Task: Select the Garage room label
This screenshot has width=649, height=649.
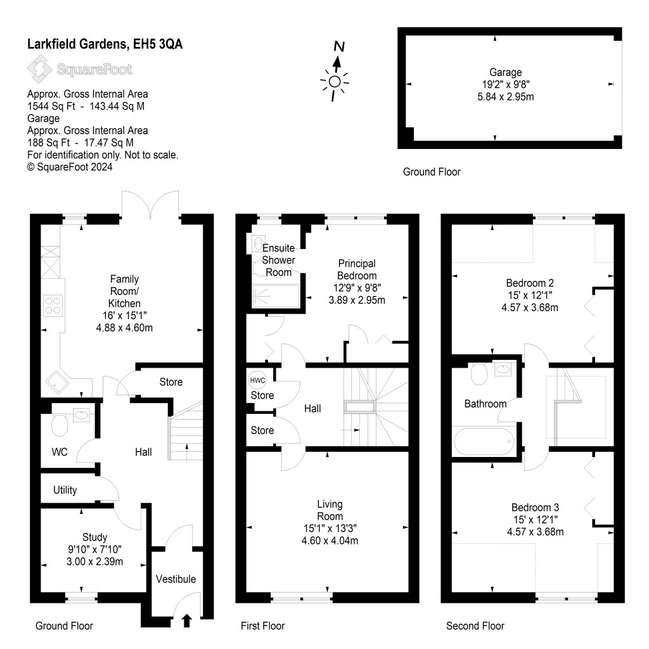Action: pos(505,72)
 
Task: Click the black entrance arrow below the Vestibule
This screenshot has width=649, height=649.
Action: pos(187,620)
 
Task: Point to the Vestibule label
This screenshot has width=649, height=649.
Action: pos(176,579)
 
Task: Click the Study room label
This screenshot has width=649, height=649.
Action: pos(94,537)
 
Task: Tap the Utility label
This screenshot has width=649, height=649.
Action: pos(65,490)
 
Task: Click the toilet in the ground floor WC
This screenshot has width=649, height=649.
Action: pos(58,426)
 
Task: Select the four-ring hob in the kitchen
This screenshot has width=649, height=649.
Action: pos(52,305)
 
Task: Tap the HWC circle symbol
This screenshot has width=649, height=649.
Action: pos(258,380)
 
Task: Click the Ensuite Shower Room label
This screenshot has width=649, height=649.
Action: pos(278,260)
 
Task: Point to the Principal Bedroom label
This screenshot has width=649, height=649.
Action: pos(357,269)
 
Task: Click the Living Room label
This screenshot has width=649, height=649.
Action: pos(330,510)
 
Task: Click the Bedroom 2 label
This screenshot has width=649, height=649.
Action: pos(530,283)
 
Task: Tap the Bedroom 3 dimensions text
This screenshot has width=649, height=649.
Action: pos(535,526)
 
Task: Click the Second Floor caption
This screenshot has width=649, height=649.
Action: pos(475,626)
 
